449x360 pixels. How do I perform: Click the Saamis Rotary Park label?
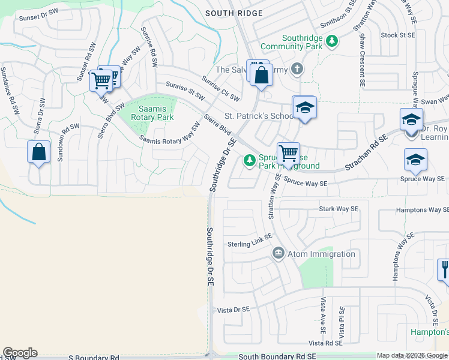pos(156,113)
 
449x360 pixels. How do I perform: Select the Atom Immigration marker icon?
pos(278,254)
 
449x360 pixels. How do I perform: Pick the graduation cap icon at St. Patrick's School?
pos(304,107)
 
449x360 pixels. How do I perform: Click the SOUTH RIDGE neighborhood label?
pos(234,13)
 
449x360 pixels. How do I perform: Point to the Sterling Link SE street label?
pos(250,244)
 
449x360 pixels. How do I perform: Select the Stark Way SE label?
pos(338,209)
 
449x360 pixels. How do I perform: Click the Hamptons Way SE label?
pos(421,211)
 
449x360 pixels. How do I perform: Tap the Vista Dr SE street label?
pos(233,310)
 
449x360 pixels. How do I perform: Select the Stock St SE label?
pos(398,35)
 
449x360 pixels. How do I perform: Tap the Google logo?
pos(20,353)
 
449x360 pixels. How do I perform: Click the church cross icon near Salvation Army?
pos(296,69)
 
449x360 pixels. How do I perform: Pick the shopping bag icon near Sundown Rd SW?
pos(38,152)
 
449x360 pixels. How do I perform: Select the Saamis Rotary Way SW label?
pos(170,133)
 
